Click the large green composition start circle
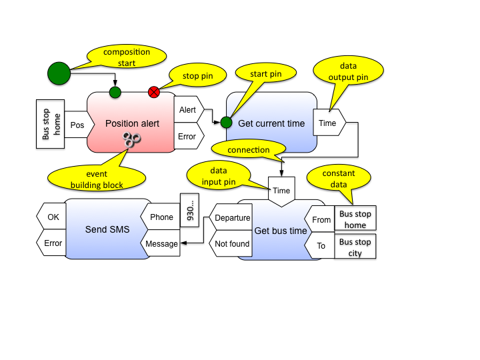59,73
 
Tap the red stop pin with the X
154,92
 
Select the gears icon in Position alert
131,139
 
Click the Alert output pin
188,110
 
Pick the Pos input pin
78,125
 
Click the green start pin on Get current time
226,123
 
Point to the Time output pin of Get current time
329,123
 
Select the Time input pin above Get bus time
281,191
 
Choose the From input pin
320,220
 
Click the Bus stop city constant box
355,247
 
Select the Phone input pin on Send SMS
160,217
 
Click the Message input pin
161,243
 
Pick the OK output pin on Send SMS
52,217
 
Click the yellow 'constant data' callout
339,179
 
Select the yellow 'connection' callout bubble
247,150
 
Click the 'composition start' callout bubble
127,57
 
